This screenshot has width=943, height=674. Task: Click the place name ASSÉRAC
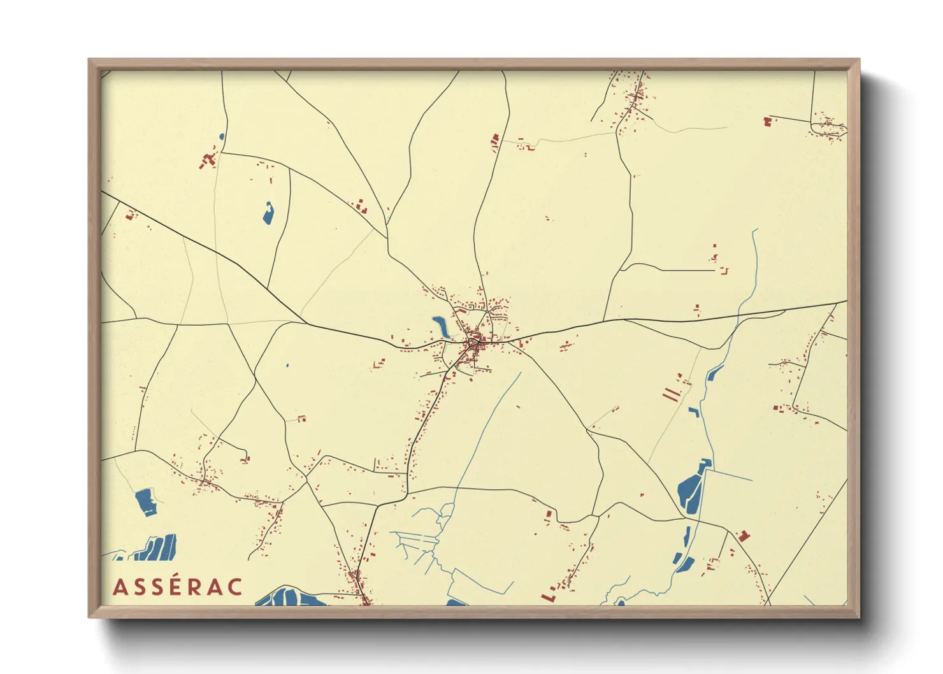(x=178, y=587)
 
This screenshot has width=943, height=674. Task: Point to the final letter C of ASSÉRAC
(x=234, y=587)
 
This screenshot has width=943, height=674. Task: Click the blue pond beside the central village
(x=441, y=326)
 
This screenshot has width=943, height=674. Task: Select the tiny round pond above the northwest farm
(x=222, y=136)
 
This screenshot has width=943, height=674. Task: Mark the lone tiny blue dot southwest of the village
(x=287, y=366)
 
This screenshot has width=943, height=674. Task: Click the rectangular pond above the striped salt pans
(x=146, y=501)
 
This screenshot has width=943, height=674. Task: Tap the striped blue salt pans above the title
(x=156, y=548)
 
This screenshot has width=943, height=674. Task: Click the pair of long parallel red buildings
(x=671, y=394)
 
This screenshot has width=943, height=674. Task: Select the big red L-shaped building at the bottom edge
(x=548, y=596)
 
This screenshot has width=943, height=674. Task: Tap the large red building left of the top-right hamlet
(x=767, y=121)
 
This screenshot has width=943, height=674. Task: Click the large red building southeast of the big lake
(x=743, y=535)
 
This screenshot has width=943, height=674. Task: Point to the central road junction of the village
(x=473, y=342)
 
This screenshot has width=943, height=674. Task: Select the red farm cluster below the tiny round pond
(x=208, y=159)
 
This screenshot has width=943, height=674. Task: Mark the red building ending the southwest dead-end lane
(x=245, y=458)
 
